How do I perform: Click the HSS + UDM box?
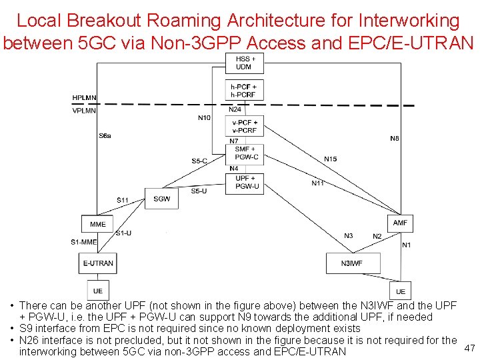[244, 63]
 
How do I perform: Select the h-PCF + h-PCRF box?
[244, 91]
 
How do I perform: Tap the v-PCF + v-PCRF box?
[245, 126]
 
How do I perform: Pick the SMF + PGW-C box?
[246, 153]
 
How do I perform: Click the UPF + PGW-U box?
[246, 182]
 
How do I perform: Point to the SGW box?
[161, 199]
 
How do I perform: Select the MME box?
[97, 225]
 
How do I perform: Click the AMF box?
[399, 223]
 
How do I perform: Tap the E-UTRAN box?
[97, 263]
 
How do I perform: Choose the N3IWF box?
[353, 263]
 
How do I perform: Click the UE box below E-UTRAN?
[97, 291]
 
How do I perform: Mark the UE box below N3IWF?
[400, 291]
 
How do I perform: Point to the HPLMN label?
[84, 98]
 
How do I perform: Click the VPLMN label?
[84, 111]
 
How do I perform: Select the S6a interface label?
[105, 136]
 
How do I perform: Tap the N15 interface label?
[330, 159]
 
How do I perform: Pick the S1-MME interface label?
[83, 241]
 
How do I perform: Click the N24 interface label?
[235, 109]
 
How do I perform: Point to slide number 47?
[469, 347]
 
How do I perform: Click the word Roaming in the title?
[163, 21]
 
